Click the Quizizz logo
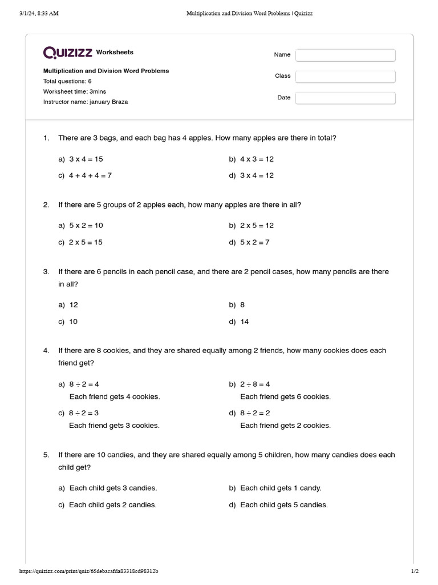(x=68, y=53)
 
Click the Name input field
(x=345, y=55)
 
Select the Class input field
(x=345, y=76)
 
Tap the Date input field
(x=345, y=98)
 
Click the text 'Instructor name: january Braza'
(x=86, y=102)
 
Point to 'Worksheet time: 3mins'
(x=75, y=91)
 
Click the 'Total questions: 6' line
(x=67, y=81)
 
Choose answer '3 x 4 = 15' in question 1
(x=86, y=159)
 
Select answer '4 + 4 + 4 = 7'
(x=90, y=176)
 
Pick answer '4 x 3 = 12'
(x=257, y=159)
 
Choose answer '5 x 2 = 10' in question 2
(x=86, y=226)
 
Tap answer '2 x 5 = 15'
(x=86, y=242)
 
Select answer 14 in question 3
(x=245, y=322)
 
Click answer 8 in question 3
(x=242, y=305)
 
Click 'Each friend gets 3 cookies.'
(x=114, y=425)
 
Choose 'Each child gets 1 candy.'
(x=281, y=488)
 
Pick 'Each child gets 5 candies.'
(x=284, y=505)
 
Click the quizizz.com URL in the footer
(x=88, y=571)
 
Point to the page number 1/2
(x=415, y=571)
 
